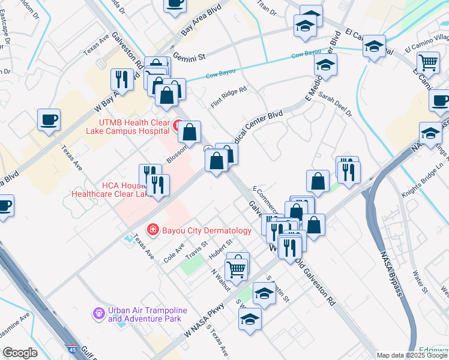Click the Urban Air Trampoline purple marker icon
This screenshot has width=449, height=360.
tap(98, 313)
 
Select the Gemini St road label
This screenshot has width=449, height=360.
tap(189, 56)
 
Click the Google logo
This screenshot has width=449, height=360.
tap(20, 353)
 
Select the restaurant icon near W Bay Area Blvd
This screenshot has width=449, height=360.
tap(122, 79)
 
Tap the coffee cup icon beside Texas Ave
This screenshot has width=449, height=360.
tap(49, 119)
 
